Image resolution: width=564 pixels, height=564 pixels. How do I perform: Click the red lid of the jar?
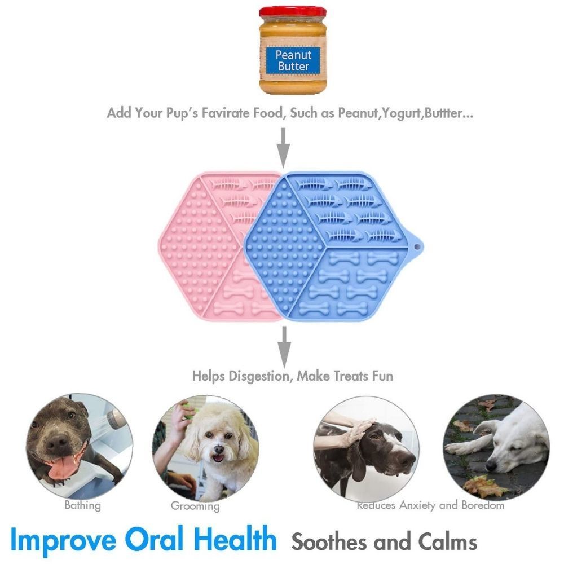pyautogui.click(x=292, y=12)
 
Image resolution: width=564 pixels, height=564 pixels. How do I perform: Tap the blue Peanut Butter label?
pyautogui.click(x=293, y=60)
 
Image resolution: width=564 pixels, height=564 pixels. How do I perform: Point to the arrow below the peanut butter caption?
pyautogui.click(x=284, y=147)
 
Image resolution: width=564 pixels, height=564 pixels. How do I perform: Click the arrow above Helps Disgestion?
pyautogui.click(x=284, y=347)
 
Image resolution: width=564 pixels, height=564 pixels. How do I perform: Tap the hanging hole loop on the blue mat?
pyautogui.click(x=417, y=247)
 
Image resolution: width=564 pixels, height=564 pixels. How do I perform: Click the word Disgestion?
pyautogui.click(x=259, y=376)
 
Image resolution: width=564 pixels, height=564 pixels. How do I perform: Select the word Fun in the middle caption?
pyautogui.click(x=382, y=376)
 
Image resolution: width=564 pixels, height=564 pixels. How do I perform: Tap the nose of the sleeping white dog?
pyautogui.click(x=491, y=467)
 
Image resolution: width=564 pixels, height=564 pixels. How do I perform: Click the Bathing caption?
pyautogui.click(x=83, y=506)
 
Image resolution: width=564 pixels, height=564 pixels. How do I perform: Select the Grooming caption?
pyautogui.click(x=195, y=506)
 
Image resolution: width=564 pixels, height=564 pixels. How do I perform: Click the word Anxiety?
pyautogui.click(x=417, y=505)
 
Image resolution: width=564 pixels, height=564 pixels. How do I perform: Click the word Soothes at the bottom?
pyautogui.click(x=330, y=541)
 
